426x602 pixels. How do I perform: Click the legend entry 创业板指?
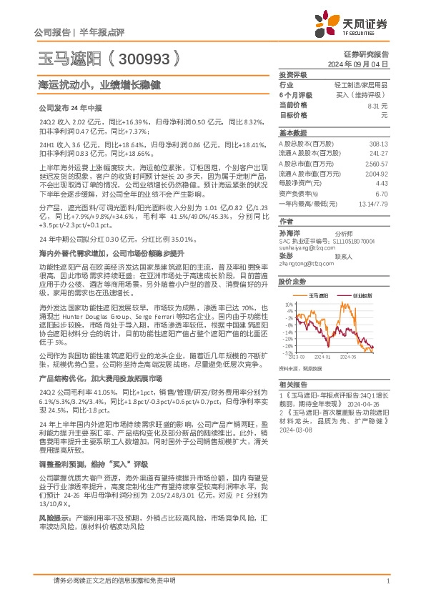click(x=357, y=295)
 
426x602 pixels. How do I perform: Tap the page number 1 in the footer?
click(x=387, y=581)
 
